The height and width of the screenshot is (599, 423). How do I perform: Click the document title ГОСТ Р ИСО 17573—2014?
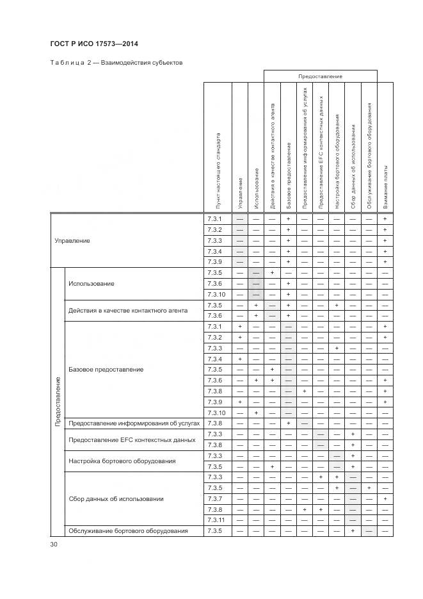(94, 44)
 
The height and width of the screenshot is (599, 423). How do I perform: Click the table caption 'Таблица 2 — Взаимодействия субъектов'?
(116, 63)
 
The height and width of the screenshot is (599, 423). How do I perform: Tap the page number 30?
(54, 544)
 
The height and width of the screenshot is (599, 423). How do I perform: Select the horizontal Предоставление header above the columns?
(320, 76)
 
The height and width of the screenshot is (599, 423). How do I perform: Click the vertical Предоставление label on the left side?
(58, 402)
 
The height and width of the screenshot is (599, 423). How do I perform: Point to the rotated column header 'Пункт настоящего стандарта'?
(218, 170)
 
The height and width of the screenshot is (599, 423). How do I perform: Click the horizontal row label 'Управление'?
(72, 241)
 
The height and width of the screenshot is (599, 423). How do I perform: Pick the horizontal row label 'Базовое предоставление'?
(106, 370)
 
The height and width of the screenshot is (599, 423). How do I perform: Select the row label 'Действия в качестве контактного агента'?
(128, 311)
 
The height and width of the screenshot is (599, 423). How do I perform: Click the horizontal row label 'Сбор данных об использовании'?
(116, 498)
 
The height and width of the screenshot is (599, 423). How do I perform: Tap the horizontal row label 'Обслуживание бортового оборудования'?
(128, 530)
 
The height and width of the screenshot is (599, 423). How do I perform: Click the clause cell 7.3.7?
(214, 498)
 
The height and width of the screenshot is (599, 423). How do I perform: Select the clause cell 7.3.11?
(216, 520)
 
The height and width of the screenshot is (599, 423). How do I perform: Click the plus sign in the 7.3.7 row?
(385, 498)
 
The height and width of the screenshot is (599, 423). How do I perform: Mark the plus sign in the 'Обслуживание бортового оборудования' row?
(353, 530)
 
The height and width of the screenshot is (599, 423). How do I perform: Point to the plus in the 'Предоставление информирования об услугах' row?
(289, 423)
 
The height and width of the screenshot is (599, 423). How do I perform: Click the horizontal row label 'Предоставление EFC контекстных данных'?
(131, 439)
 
